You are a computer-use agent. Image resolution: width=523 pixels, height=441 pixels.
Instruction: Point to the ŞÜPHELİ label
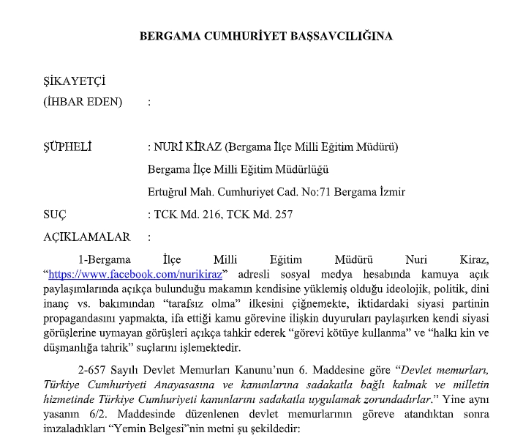[67, 147]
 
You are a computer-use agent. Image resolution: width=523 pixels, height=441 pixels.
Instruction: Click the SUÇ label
[56, 215]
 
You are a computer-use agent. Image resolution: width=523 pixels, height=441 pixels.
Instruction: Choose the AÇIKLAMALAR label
[87, 237]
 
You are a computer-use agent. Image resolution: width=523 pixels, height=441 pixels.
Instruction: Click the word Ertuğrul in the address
[169, 192]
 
